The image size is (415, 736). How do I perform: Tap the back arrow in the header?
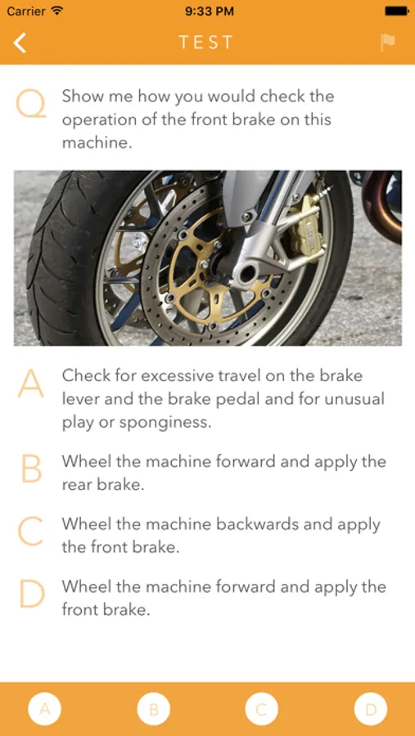point(20,43)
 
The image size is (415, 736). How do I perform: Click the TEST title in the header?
point(205,43)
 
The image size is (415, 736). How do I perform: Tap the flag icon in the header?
point(388,43)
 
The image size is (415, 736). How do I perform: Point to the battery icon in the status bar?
point(397,11)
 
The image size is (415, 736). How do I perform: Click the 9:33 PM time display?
point(210,11)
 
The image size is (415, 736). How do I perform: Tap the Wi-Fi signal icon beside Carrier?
point(57,11)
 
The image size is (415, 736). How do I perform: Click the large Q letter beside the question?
point(31,104)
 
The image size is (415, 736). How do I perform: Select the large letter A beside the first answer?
point(31,384)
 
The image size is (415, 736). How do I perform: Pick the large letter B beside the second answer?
point(31,469)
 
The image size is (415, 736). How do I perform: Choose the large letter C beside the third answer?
point(30,532)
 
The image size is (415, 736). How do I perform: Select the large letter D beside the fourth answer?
point(32,595)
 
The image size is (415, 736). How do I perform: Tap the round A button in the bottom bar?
point(45,709)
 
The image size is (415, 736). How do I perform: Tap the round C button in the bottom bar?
point(262,709)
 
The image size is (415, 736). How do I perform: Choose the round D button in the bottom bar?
point(371,709)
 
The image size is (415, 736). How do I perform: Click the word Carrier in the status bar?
point(27,11)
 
